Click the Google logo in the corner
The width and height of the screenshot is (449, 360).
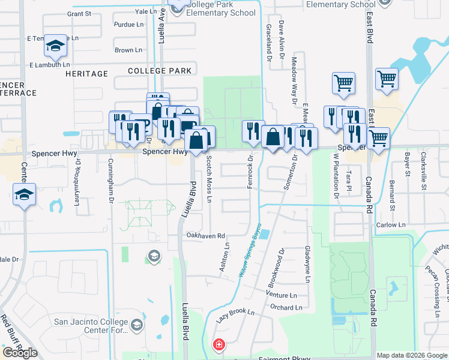20,352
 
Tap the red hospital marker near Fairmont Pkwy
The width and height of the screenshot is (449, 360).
219,344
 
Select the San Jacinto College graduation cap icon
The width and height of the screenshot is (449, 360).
137,326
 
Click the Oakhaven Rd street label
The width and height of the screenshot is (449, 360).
205,236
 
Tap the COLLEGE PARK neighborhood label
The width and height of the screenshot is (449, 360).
160,71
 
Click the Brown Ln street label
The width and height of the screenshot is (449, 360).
128,50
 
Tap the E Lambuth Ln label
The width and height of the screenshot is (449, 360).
49,64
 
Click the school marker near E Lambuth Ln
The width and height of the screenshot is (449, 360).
55,46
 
